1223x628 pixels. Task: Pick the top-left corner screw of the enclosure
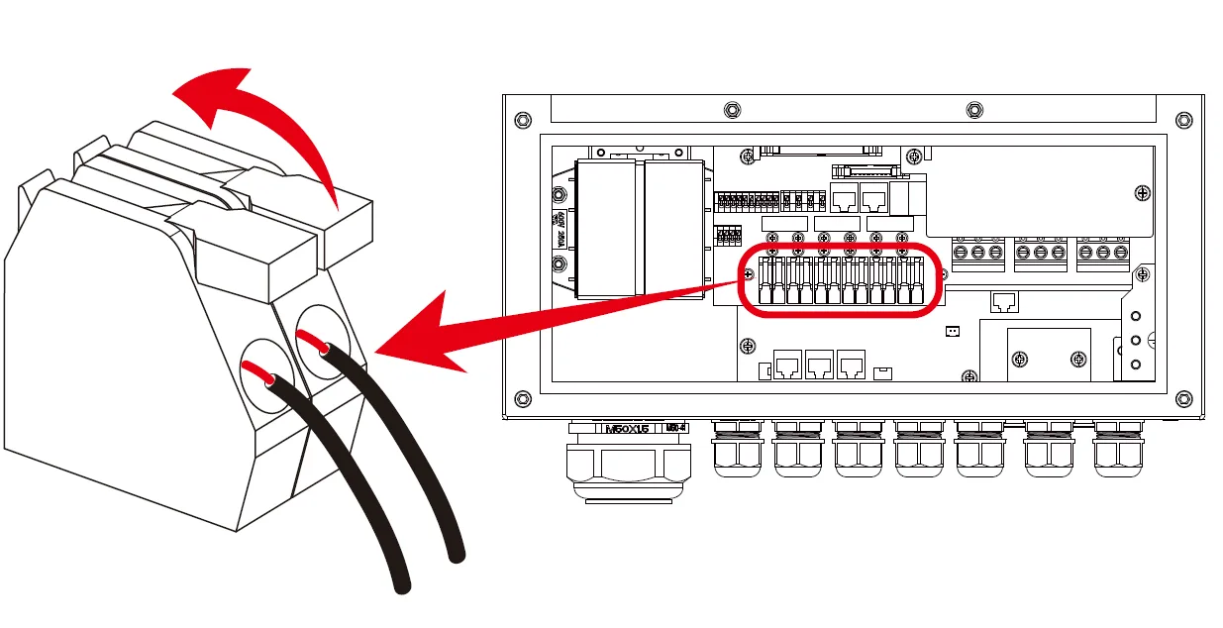click(x=523, y=120)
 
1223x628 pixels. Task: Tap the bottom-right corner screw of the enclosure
click(x=1183, y=399)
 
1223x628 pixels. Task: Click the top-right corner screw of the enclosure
click(x=1183, y=120)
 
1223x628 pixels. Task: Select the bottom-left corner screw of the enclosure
click(x=523, y=399)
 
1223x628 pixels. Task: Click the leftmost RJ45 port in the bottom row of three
click(x=788, y=366)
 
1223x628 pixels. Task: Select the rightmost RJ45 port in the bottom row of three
click(x=850, y=366)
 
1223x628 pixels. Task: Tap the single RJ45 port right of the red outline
click(x=1003, y=301)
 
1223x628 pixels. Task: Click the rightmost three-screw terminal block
click(x=1102, y=254)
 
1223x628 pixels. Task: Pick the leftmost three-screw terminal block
click(x=978, y=254)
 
